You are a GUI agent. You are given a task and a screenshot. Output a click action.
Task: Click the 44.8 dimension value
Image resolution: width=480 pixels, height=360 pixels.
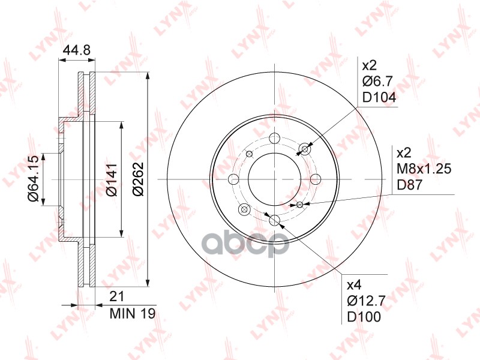[x=77, y=50]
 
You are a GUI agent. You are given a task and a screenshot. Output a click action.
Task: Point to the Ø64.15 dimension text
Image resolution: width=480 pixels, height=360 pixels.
[x=33, y=179]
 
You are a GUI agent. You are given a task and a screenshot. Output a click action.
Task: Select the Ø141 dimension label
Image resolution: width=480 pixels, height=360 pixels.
[x=111, y=179]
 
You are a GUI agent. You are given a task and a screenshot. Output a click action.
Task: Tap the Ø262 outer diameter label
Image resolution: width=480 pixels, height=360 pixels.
[x=138, y=179]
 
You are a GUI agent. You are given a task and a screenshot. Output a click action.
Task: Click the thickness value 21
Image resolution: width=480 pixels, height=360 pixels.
[x=117, y=296]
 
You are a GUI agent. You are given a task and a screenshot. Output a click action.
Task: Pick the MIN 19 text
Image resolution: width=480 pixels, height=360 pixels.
[x=133, y=313]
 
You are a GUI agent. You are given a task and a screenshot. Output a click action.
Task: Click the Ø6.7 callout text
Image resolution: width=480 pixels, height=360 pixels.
[x=377, y=82]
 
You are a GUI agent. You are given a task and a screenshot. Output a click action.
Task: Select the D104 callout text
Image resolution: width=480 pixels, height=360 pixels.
[x=379, y=97]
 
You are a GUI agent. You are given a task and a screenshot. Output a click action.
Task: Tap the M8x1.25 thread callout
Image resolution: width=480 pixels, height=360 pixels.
[x=424, y=169]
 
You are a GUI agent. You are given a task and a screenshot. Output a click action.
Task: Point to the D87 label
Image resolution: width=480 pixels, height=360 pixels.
[x=410, y=185]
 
